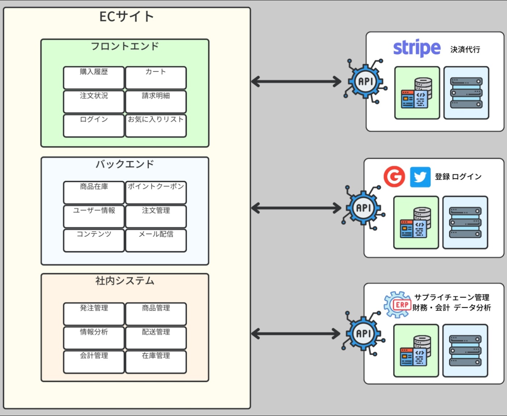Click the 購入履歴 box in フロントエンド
[x=94, y=78]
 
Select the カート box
[x=156, y=78]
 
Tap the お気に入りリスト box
[x=156, y=125]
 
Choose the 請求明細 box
[x=156, y=101]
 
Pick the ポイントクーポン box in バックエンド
[x=156, y=192]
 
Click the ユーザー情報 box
[x=94, y=216]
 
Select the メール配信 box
[x=156, y=240]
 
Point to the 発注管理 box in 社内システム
[x=94, y=314]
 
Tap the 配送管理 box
[x=156, y=338]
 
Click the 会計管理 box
[x=94, y=362]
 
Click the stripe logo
[x=417, y=48]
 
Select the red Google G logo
[x=394, y=177]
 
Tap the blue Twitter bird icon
[x=420, y=177]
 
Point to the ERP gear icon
[x=398, y=305]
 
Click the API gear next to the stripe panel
[x=365, y=82]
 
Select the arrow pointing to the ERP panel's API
[x=296, y=334]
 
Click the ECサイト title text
[x=127, y=17]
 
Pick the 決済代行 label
[x=465, y=50]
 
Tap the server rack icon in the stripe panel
[x=466, y=93]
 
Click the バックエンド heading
[x=125, y=164]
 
